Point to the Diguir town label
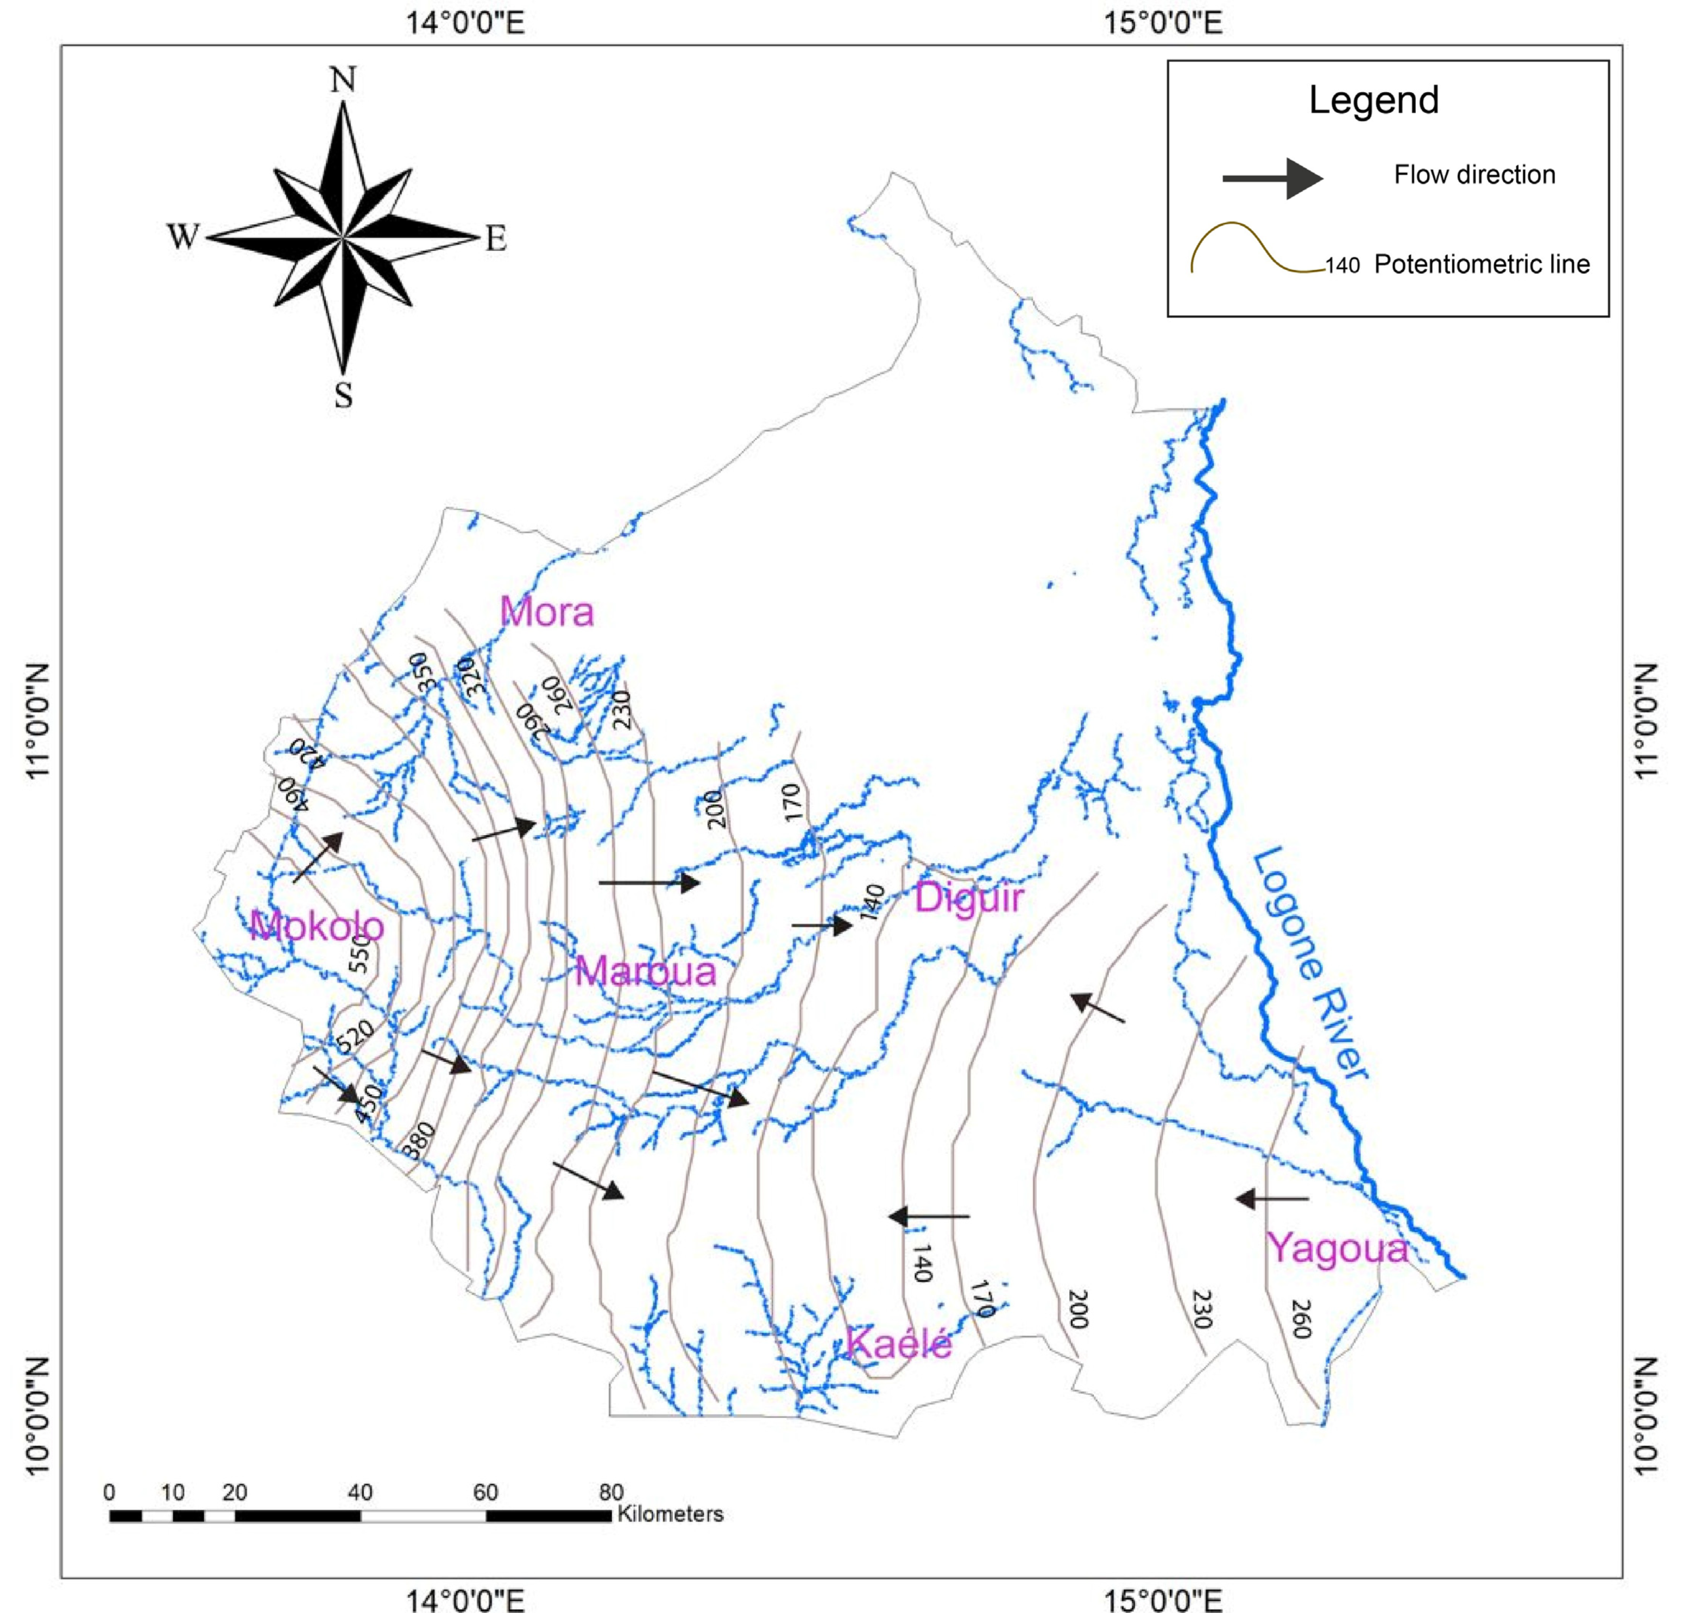click(969, 899)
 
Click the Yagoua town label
click(1338, 1248)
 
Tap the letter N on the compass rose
click(343, 80)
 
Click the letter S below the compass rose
click(343, 396)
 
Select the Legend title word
click(1373, 100)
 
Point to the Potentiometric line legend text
click(1481, 264)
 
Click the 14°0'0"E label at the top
click(464, 22)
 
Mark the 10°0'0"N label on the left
click(36, 1415)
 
